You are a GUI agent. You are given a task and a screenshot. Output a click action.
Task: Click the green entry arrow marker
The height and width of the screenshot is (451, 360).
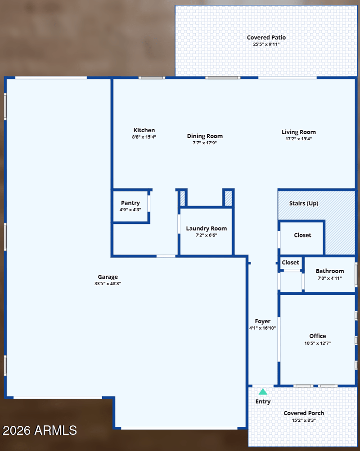coord(263,392)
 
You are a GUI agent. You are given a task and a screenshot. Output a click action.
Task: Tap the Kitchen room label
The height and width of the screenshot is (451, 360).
coord(144,130)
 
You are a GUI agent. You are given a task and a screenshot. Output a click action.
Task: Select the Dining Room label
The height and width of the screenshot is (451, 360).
coord(205,136)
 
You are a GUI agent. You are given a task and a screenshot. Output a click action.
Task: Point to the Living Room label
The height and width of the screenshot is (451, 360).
coord(299,132)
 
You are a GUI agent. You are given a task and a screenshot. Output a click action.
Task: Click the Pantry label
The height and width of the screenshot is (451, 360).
coord(130,203)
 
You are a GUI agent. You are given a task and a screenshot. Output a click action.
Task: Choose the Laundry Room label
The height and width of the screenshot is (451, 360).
coord(207,228)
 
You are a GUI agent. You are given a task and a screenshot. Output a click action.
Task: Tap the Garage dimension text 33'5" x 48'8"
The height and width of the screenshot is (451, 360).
coord(108,284)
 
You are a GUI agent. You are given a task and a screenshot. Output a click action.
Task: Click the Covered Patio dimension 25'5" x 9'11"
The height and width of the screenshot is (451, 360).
coord(266,45)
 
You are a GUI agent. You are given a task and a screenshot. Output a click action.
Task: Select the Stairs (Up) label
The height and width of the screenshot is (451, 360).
coord(304,203)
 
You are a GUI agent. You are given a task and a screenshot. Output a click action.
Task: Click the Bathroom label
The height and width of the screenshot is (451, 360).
coord(330,271)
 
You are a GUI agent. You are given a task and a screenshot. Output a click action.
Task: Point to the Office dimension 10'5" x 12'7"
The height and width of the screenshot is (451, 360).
coord(318,343)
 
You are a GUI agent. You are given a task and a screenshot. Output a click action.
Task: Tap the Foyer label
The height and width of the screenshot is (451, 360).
coord(263,322)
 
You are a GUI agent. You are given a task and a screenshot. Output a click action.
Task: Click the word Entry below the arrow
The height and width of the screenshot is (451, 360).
coord(263,402)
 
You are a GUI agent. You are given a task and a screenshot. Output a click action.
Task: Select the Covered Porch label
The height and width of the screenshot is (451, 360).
coord(304,413)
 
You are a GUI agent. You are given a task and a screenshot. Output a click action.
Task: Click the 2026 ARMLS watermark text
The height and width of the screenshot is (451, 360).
coord(40,431)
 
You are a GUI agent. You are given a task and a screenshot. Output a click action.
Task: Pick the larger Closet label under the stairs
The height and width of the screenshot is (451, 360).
coord(302,235)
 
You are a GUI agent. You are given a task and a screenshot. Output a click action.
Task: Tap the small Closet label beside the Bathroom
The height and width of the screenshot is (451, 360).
coord(290,263)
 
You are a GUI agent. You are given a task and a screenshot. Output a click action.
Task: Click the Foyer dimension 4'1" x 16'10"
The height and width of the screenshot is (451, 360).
coord(262,328)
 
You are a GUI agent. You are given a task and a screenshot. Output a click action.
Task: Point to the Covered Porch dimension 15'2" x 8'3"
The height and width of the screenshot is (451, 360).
coord(304,420)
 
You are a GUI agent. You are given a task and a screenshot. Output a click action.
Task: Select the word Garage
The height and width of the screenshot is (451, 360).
coord(108,277)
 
